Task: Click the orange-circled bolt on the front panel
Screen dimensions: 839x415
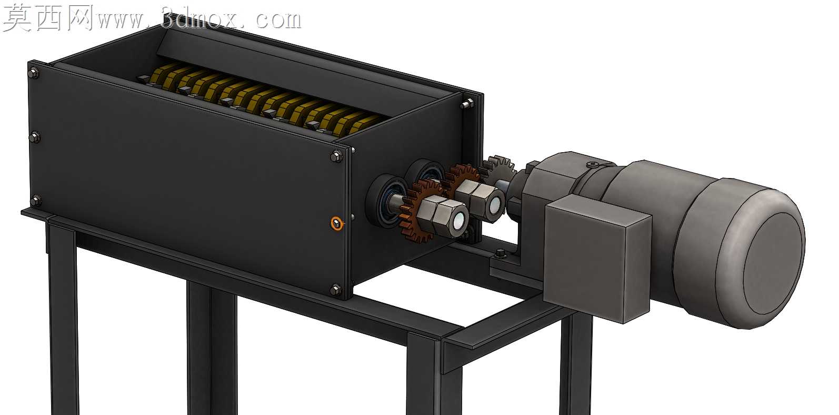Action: click(x=337, y=223)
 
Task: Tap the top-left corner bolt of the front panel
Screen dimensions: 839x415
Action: click(x=33, y=73)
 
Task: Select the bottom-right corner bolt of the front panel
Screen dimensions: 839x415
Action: click(x=336, y=290)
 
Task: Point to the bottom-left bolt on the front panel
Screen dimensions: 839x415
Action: click(x=36, y=201)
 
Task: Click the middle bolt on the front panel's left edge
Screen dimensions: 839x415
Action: click(x=34, y=137)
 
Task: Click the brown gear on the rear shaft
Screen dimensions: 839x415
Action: click(x=461, y=180)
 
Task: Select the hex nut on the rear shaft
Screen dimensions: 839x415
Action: click(x=480, y=199)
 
